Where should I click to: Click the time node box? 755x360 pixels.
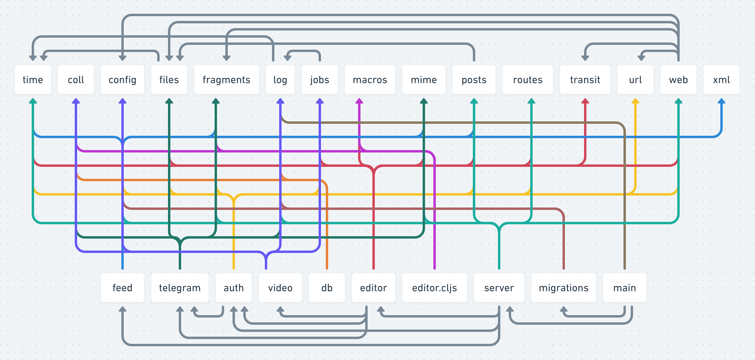click(x=33, y=80)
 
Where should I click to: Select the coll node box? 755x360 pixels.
click(x=76, y=80)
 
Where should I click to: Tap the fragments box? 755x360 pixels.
click(x=226, y=80)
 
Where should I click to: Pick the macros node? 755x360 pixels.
click(x=370, y=80)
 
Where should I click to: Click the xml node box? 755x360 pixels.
click(x=721, y=80)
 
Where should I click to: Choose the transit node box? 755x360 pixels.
click(x=585, y=80)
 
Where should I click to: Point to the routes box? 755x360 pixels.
click(x=528, y=80)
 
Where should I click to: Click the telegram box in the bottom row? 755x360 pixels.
click(x=180, y=288)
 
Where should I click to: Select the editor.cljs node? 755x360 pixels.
click(x=434, y=288)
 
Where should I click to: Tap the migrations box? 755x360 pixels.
click(x=563, y=288)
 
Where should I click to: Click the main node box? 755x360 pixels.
click(x=624, y=288)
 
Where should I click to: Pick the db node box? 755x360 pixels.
click(x=327, y=288)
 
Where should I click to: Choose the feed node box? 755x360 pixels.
click(x=122, y=288)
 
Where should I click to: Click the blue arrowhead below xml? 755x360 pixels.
click(x=721, y=101)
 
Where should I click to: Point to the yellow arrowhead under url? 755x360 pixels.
click(x=635, y=101)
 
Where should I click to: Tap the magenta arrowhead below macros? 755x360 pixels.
click(x=359, y=101)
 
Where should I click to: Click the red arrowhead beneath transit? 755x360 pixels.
click(x=585, y=101)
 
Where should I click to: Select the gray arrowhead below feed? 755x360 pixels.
click(x=122, y=309)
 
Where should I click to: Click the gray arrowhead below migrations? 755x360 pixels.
click(x=563, y=309)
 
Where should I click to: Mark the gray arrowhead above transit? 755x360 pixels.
click(x=585, y=58)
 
